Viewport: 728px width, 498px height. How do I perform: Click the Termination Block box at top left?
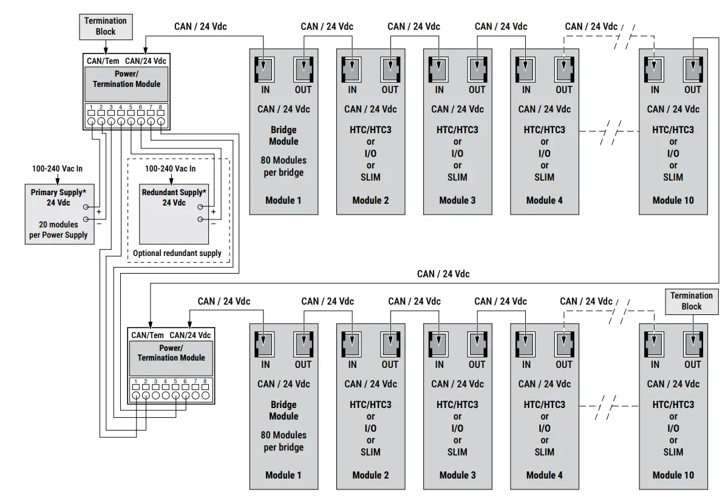[105, 26]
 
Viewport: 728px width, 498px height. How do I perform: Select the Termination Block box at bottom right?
[691, 301]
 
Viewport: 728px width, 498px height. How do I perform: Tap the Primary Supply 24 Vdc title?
[58, 197]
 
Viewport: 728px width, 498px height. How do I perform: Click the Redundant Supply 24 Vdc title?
[174, 197]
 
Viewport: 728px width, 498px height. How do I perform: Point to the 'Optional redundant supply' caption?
[177, 253]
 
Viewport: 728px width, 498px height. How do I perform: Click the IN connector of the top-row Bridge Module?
[265, 69]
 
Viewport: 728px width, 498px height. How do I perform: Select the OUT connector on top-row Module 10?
[692, 69]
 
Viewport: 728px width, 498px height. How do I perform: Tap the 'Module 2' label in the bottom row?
[370, 475]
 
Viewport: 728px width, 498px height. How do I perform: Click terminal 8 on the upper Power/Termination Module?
[161, 122]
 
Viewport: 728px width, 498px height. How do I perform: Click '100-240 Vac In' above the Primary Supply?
[57, 168]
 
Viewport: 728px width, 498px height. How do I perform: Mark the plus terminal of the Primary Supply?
[86, 207]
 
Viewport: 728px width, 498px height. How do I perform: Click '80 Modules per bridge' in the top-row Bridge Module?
[284, 166]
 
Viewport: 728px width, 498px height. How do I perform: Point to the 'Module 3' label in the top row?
[457, 200]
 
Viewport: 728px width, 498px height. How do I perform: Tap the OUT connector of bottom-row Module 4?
[563, 344]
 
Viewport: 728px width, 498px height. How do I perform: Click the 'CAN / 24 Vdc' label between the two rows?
[443, 274]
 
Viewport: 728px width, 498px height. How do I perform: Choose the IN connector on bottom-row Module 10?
[654, 344]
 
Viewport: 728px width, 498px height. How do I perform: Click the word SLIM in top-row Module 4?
[544, 177]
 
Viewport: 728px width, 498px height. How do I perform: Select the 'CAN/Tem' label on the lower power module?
[148, 335]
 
